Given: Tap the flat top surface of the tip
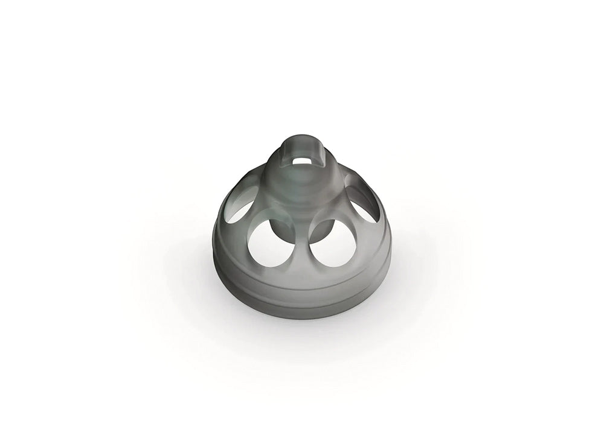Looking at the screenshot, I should (301, 145).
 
